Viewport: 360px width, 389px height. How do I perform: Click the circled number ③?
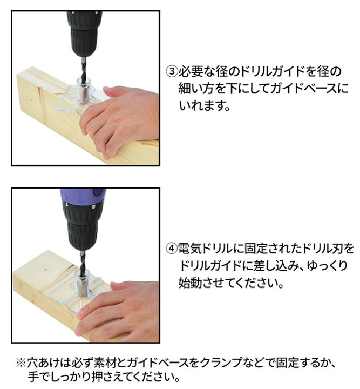tap(172, 72)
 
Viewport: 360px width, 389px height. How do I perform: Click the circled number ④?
tap(172, 249)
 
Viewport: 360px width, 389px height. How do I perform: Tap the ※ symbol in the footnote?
tap(21, 363)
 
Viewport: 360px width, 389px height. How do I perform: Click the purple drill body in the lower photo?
tap(84, 197)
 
